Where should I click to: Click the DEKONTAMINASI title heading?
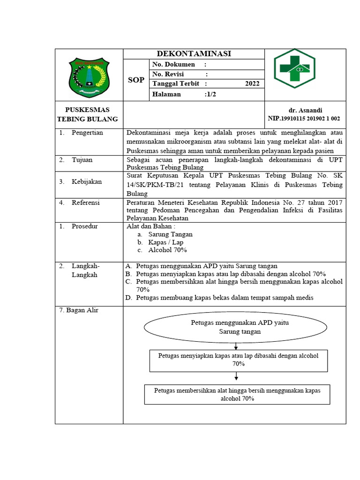[194, 54]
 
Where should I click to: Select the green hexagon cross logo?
[294, 68]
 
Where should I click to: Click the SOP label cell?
[136, 80]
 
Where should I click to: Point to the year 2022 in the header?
[252, 84]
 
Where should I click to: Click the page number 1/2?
[210, 94]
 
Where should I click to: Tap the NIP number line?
[304, 119]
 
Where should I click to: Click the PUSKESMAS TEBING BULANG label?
[88, 114]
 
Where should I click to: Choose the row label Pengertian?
[87, 133]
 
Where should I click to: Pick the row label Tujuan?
[82, 160]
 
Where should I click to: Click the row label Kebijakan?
[87, 181]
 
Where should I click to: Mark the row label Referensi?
[86, 202]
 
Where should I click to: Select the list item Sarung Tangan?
[170, 234]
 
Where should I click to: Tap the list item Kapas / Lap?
[165, 242]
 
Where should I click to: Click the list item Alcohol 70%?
[167, 250]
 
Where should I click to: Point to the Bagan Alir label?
[79, 310]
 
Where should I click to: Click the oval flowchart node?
[240, 327]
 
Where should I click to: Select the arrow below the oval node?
[236, 346]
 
